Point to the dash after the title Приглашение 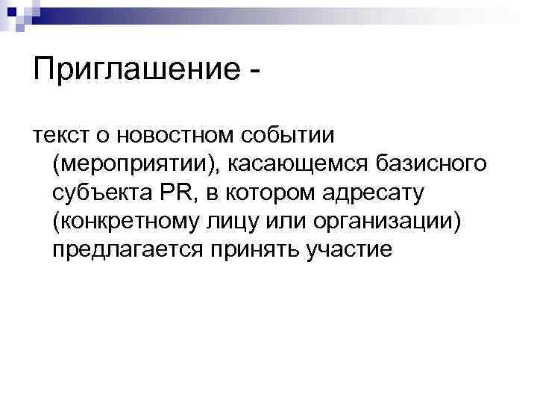click(x=257, y=72)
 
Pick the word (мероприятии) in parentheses click(x=136, y=165)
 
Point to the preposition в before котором click(x=213, y=194)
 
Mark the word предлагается click(x=125, y=250)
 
